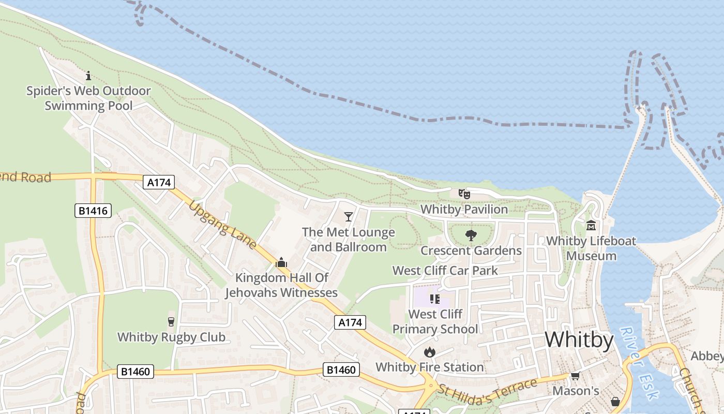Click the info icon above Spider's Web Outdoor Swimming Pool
88,76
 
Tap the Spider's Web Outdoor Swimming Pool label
88,98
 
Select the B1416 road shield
93,211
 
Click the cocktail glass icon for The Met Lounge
349,216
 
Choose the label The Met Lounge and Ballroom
349,240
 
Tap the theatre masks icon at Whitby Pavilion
464,194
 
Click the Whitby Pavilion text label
464,209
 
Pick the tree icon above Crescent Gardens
471,236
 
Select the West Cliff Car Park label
445,270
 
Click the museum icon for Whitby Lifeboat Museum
591,226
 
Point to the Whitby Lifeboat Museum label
591,248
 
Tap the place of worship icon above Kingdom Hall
281,262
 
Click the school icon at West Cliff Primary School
434,299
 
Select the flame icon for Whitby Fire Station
429,352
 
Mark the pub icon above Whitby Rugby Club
171,322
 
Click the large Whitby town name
579,340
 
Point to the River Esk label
639,363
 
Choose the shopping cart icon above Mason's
575,376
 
